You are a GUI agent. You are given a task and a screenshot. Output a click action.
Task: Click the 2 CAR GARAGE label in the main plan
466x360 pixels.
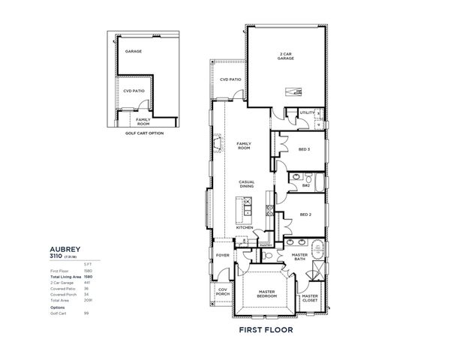pos(285,56)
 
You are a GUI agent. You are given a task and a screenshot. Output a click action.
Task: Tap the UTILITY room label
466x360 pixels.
pos(307,112)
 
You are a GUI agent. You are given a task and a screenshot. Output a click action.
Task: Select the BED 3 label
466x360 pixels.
pos(305,148)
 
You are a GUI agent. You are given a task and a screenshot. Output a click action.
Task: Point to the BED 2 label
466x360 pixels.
pos(305,214)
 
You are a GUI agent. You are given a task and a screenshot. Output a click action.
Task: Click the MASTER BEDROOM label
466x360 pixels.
pos(267,294)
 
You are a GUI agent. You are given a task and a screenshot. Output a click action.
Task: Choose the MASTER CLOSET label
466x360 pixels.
pos(310,298)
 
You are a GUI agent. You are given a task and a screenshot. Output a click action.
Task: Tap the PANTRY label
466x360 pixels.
pos(266,244)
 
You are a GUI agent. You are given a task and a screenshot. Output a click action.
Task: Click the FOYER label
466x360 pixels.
pos(223,254)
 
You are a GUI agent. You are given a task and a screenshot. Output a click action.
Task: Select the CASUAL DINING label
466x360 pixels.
pos(247,184)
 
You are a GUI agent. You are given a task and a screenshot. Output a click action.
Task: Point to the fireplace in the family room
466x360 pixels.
pos(218,142)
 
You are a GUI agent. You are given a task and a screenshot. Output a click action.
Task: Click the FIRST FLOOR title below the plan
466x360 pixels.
pos(265,329)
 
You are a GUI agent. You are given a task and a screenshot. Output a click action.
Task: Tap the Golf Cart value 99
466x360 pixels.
pos(87,313)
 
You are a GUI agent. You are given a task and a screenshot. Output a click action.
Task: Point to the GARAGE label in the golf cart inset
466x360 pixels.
pos(134,52)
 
